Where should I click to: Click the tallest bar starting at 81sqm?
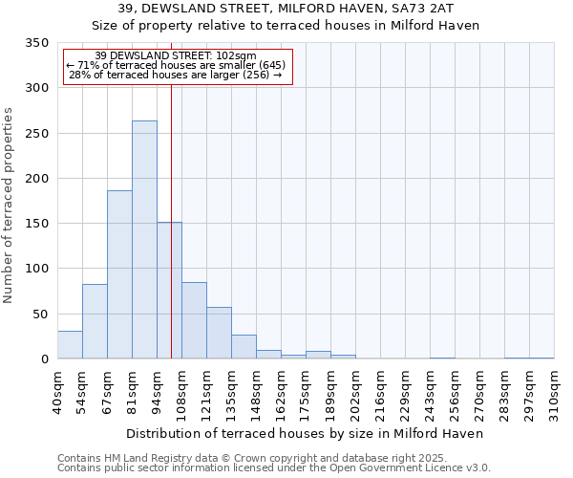[x=144, y=240]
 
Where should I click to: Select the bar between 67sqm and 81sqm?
[x=119, y=274]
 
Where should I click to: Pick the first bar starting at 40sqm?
[x=70, y=345]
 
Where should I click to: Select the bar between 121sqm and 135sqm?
[x=219, y=333]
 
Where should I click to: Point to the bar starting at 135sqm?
[x=244, y=347]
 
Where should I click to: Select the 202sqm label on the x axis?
[x=356, y=392]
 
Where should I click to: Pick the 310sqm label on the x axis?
[x=555, y=392]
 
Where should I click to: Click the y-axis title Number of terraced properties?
[x=9, y=206]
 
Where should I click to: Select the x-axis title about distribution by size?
[x=305, y=433]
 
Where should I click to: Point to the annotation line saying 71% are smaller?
[x=176, y=65]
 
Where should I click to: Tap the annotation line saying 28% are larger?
[x=176, y=75]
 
